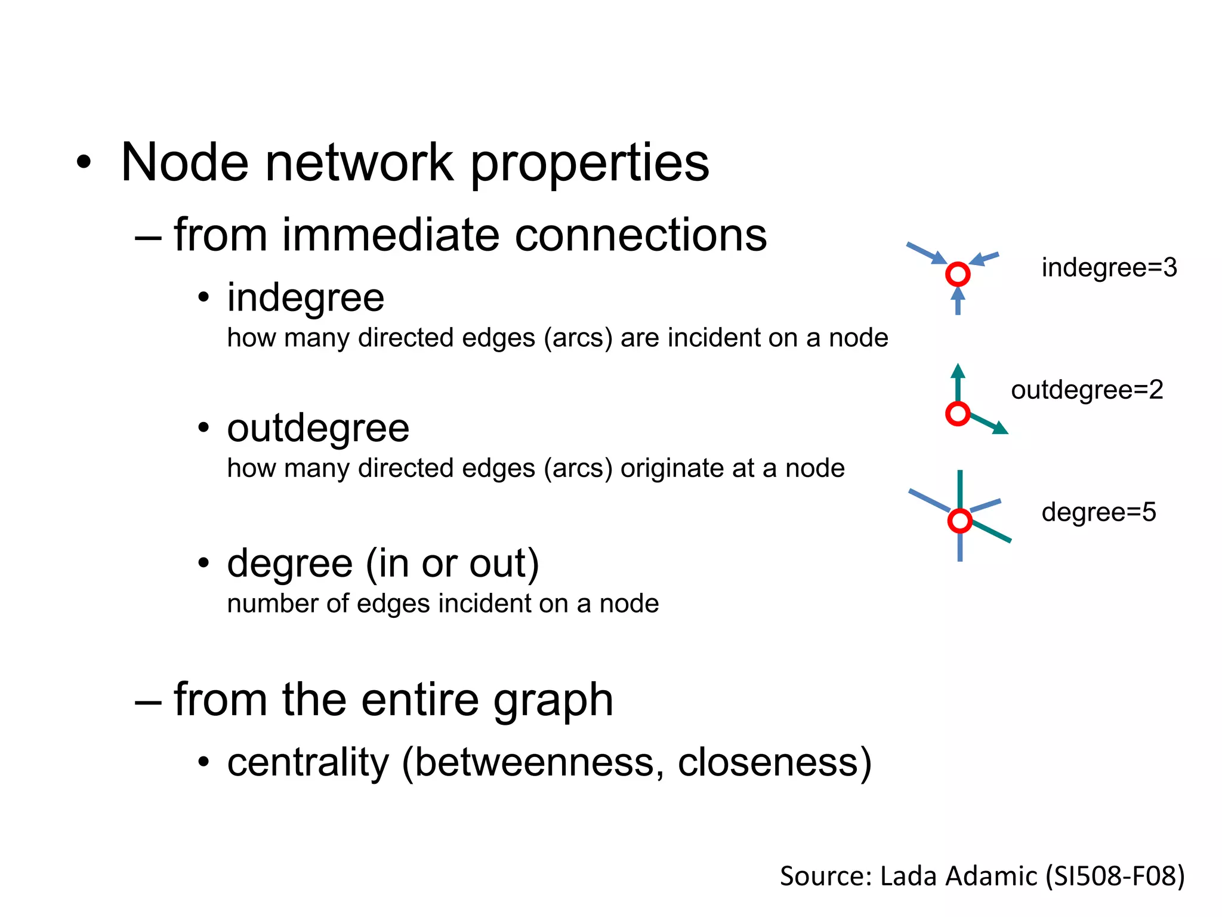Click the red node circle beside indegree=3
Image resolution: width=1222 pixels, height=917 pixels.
click(958, 274)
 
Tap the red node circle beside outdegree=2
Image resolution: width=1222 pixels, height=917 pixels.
click(958, 414)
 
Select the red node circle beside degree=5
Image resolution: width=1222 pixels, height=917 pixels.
click(959, 521)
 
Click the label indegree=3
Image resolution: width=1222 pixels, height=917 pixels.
click(1109, 267)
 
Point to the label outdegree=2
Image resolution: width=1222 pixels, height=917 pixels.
click(1087, 390)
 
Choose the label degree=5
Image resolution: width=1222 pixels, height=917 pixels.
click(1098, 512)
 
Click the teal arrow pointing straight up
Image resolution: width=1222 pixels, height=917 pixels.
click(958, 382)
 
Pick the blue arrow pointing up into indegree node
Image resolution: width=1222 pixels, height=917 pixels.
click(958, 301)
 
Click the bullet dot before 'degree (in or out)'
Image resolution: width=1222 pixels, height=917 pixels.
click(204, 562)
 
